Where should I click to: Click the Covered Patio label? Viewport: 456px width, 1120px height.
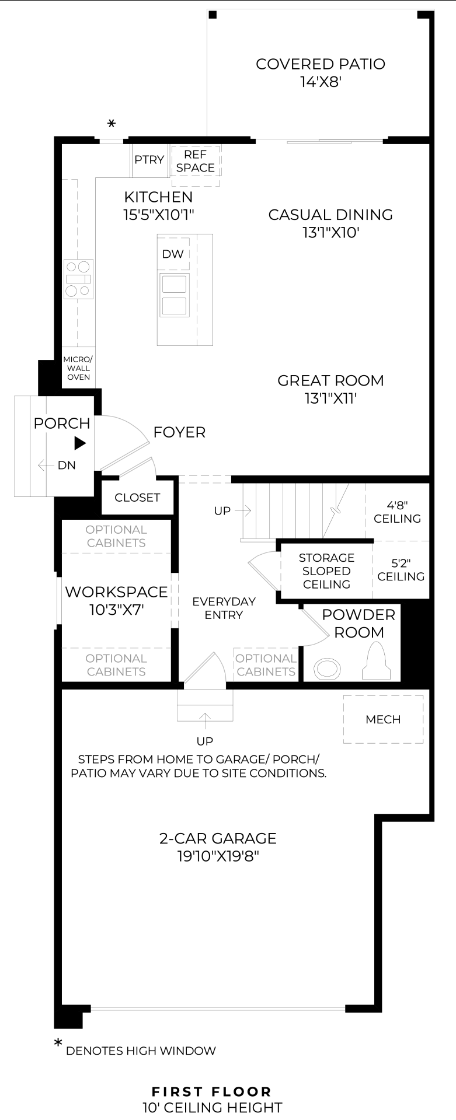(x=321, y=72)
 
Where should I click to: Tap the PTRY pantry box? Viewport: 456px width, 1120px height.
(x=149, y=160)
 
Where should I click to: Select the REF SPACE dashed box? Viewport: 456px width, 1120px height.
(x=196, y=166)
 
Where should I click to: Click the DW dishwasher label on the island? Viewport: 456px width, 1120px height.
(x=173, y=254)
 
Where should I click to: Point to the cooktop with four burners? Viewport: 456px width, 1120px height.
(x=78, y=279)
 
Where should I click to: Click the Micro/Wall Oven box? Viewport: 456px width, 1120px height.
(x=78, y=368)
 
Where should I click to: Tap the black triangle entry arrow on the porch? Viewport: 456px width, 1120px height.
(x=81, y=444)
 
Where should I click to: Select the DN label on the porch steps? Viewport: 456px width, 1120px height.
(x=67, y=465)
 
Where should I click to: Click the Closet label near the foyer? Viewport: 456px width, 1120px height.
(x=137, y=498)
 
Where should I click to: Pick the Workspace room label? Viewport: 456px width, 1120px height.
(x=116, y=601)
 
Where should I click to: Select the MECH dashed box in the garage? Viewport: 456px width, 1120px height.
(x=383, y=719)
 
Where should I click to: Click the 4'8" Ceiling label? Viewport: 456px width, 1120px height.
(x=398, y=512)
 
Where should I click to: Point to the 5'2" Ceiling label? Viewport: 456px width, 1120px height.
(x=401, y=570)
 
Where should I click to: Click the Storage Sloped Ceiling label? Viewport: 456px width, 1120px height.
(x=326, y=571)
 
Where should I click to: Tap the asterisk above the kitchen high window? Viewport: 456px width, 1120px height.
(x=112, y=124)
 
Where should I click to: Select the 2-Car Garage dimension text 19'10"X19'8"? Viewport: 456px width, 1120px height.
(x=218, y=856)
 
